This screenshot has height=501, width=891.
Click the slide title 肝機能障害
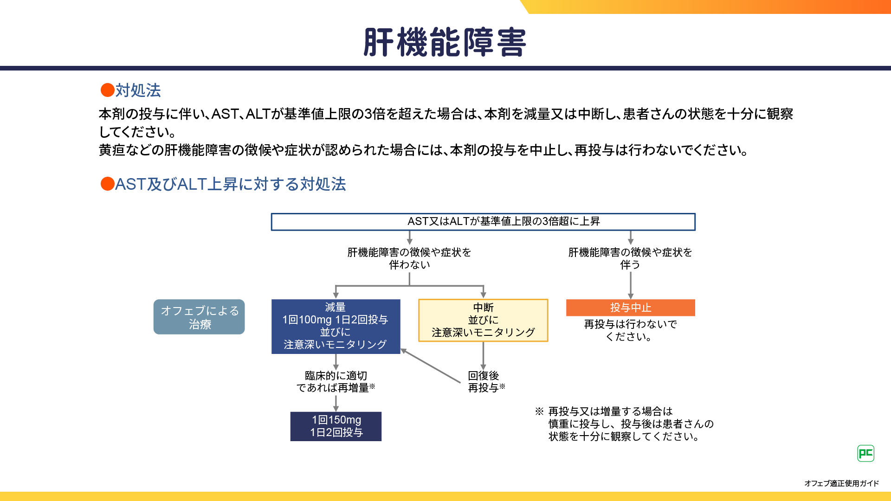coord(445,42)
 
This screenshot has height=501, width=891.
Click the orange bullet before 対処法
coord(107,90)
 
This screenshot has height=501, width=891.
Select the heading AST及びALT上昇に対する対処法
coord(230,184)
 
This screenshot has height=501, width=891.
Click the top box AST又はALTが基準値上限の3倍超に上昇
coord(483,222)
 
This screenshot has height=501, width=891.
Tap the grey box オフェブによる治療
coord(199,317)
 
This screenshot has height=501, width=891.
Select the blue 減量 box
coord(336,326)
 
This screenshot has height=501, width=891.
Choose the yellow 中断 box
coord(483,320)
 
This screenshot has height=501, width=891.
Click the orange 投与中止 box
coord(630,308)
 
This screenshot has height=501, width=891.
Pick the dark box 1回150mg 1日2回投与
coord(336,426)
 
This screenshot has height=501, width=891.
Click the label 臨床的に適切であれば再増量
coord(336,381)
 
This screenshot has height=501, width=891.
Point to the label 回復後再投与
coord(485,381)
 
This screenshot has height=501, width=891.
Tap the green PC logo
coord(865,453)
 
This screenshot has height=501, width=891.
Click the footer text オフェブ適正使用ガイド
coord(841,483)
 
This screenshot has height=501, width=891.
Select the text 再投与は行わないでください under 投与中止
coord(630,330)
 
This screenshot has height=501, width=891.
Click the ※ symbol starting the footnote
coord(539,411)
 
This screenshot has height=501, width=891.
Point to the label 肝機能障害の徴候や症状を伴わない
coord(409,258)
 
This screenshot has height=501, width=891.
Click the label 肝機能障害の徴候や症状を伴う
coord(630,258)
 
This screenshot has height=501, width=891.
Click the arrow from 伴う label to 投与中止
coord(630,285)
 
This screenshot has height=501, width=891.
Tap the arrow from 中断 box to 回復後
coord(483,356)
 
